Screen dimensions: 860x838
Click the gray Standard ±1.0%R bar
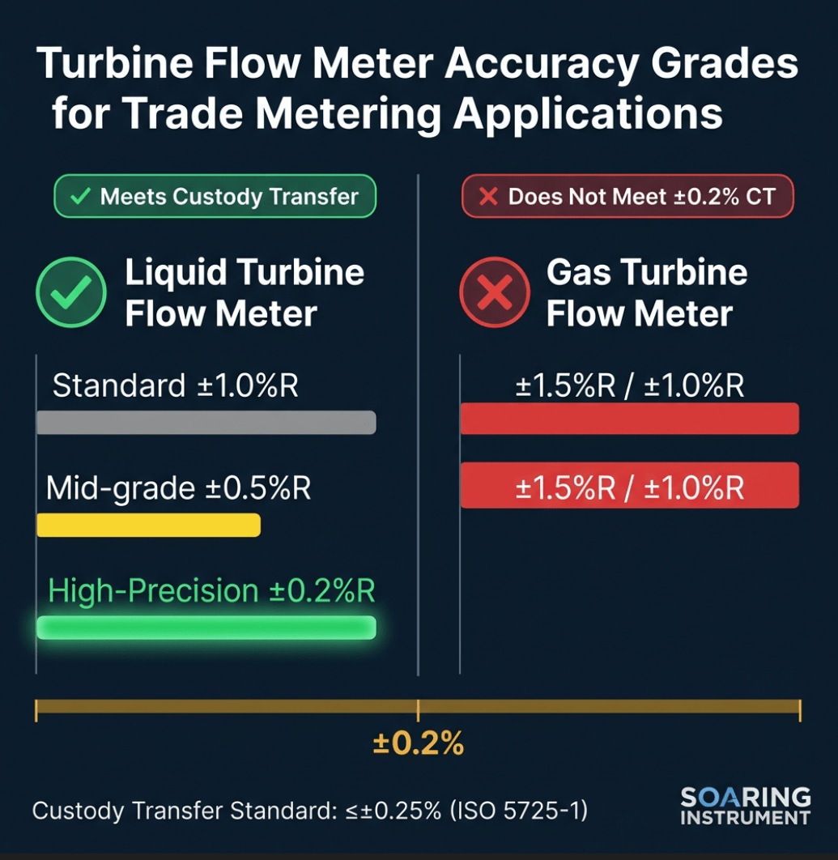coord(206,422)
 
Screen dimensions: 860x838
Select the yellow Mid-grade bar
coord(148,525)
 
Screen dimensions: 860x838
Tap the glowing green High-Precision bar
coord(206,628)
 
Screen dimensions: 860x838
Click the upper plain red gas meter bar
coord(629,419)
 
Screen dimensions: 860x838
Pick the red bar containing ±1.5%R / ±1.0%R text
coord(629,485)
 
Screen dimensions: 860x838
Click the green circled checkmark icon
coord(71,292)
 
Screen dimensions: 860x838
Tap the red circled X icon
coord(494,292)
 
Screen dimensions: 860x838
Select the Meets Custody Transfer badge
coord(215,196)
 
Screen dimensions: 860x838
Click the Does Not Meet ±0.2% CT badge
coord(627,196)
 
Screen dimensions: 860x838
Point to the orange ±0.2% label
coord(418,743)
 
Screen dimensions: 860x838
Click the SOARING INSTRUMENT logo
coord(745,806)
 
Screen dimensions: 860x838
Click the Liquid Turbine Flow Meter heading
coord(243,292)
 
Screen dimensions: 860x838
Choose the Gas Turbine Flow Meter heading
coord(645,292)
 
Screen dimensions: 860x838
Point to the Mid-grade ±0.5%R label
coord(178,488)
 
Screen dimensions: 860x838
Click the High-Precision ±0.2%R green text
coord(211,591)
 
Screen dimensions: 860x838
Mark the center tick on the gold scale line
coord(418,709)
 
